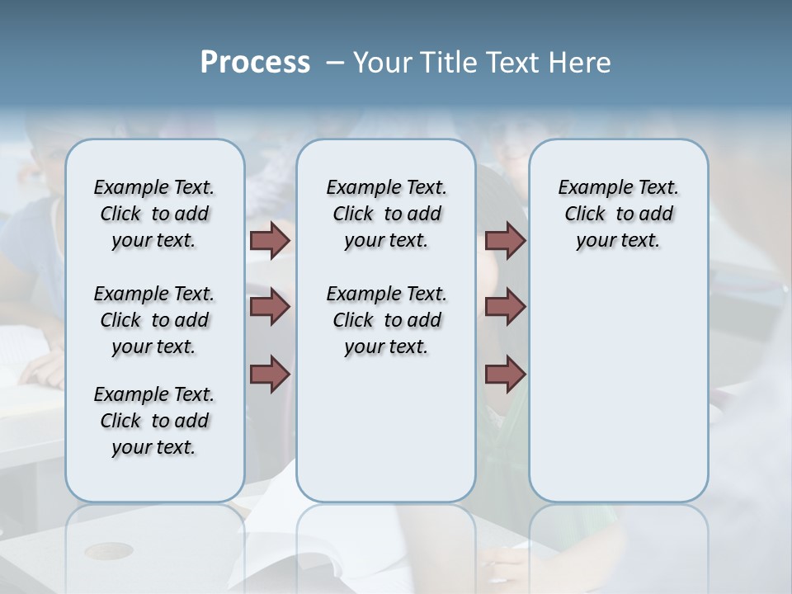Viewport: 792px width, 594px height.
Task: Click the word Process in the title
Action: [255, 62]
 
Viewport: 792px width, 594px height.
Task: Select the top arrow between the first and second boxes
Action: [270, 240]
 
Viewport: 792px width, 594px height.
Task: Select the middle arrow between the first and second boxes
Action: [270, 307]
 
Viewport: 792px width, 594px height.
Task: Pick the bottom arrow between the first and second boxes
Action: [270, 374]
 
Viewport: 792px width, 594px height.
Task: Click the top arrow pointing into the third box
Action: [505, 240]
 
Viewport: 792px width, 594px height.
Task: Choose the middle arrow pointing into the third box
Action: [505, 307]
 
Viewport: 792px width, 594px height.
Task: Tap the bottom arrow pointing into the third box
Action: [505, 374]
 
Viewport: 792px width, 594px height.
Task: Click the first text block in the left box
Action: [154, 214]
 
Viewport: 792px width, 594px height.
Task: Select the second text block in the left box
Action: [154, 320]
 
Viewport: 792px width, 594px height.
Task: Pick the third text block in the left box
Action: [154, 421]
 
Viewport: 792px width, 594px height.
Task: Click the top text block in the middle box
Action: [386, 214]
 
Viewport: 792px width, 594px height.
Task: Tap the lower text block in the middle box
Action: [386, 320]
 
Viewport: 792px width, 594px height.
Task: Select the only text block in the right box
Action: [618, 214]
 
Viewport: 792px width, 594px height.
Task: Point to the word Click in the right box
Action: [585, 214]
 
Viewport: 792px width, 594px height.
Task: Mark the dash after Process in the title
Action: [333, 64]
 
